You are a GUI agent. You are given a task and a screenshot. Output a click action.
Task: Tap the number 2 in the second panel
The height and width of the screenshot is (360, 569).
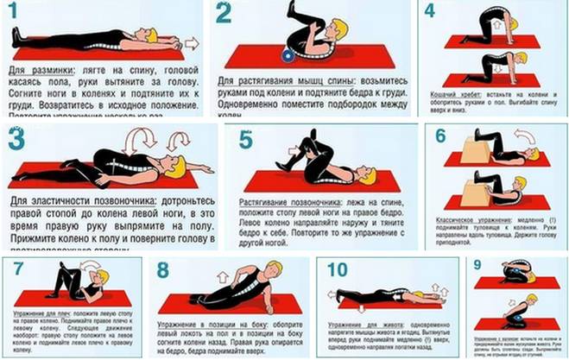click(224, 14)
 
